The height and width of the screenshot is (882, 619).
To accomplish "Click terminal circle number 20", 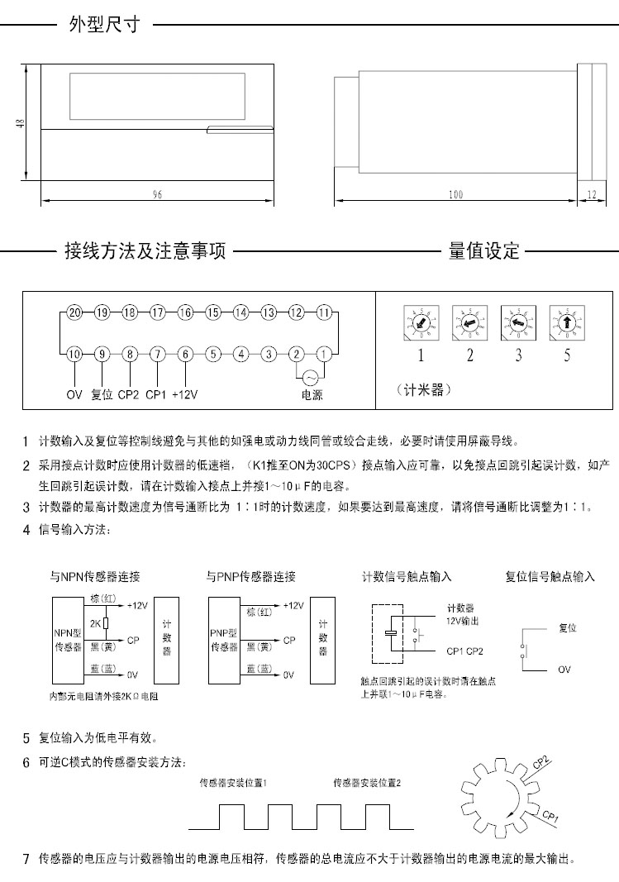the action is (74, 312).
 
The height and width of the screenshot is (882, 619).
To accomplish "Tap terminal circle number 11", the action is (324, 312).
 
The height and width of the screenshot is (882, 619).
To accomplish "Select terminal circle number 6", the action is (185, 355).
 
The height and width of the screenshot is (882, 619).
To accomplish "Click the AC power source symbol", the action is (311, 378).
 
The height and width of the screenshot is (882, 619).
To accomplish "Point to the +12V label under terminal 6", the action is (185, 394).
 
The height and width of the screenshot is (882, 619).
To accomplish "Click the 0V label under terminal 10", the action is (74, 394).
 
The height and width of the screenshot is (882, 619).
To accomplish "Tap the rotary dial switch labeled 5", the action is (567, 323).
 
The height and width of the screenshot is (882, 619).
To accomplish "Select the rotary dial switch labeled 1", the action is (421, 323).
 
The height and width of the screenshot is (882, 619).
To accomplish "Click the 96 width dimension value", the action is (157, 194).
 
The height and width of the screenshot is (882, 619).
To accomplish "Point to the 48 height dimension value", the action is (20, 123).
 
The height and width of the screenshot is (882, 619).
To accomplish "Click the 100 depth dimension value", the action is (456, 194).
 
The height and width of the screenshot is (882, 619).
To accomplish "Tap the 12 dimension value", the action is (592, 194).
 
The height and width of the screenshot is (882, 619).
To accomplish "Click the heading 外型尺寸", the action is (104, 24).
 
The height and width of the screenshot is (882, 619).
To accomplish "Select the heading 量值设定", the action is (484, 250).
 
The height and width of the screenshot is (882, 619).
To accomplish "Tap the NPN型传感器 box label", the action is (68, 640).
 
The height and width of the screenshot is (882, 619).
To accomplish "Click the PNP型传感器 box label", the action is (224, 640).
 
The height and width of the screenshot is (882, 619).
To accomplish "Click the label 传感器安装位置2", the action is (367, 783).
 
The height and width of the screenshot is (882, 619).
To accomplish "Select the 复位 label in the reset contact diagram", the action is (568, 627).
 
